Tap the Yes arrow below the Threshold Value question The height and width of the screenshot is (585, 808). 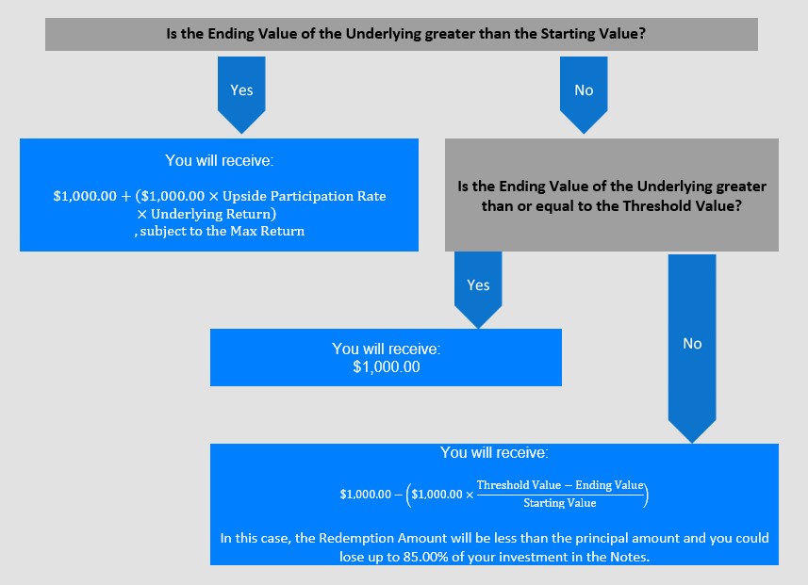[478, 289]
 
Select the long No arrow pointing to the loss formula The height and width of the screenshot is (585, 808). [692, 349]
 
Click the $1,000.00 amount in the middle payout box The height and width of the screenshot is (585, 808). [387, 366]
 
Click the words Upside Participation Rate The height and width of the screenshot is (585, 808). [304, 196]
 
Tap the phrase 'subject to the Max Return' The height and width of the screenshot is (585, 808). [223, 231]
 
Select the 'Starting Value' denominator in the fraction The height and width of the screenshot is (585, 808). [560, 503]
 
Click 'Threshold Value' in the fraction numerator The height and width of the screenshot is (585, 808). [519, 485]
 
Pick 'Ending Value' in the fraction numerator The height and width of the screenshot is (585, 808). [609, 485]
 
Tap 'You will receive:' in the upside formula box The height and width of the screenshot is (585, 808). [219, 161]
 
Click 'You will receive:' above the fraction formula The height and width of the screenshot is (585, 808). [494, 453]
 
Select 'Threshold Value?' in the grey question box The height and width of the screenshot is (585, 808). [682, 206]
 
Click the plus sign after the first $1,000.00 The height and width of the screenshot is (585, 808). [126, 197]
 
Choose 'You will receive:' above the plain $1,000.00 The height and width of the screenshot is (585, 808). [387, 349]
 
